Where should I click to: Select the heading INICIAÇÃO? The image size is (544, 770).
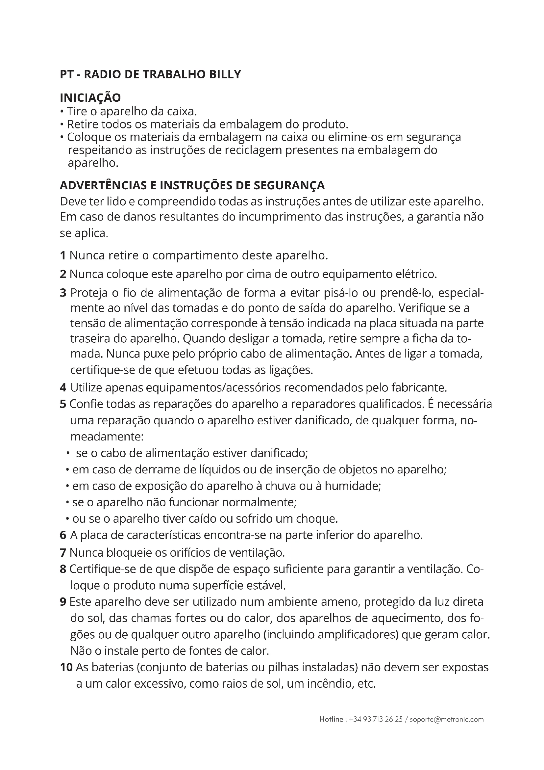tap(90, 97)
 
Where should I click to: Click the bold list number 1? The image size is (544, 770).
tap(62, 255)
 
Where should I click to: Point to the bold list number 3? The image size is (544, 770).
tap(63, 293)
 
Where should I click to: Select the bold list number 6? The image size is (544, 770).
tap(63, 535)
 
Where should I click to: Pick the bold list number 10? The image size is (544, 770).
tap(66, 667)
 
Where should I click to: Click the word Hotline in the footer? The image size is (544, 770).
tap(331, 719)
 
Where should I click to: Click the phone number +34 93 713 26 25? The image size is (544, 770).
tap(376, 719)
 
